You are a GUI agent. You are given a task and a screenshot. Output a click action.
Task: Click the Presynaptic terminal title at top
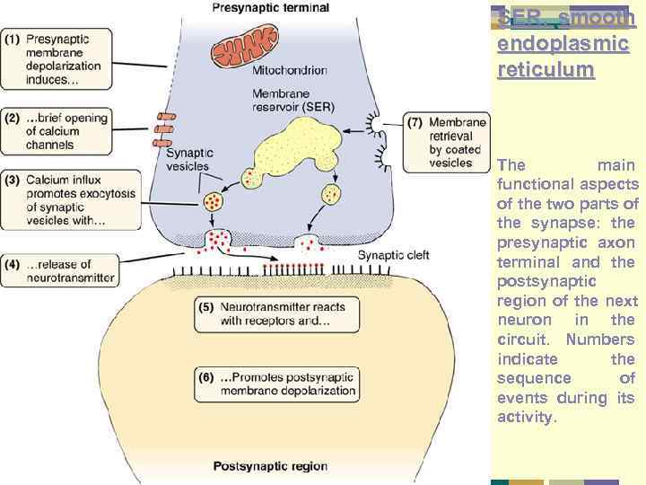pos(270,8)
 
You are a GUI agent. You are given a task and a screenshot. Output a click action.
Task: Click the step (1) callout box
pos(57,58)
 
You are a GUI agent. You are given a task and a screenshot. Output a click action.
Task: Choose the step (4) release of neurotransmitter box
pos(59,270)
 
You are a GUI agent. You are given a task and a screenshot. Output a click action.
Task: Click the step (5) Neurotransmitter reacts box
pos(276,313)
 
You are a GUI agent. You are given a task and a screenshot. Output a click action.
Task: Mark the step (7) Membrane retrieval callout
pos(446,143)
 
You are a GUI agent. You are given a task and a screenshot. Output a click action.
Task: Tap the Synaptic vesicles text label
pos(188,158)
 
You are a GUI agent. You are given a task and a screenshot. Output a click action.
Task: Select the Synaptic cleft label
pos(393,256)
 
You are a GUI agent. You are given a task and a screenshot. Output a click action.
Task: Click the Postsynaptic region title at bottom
pos(270,466)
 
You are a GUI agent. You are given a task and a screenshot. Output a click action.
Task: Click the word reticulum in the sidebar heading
pos(546,69)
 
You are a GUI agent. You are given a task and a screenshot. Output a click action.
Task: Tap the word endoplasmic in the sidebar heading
pos(563,43)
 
